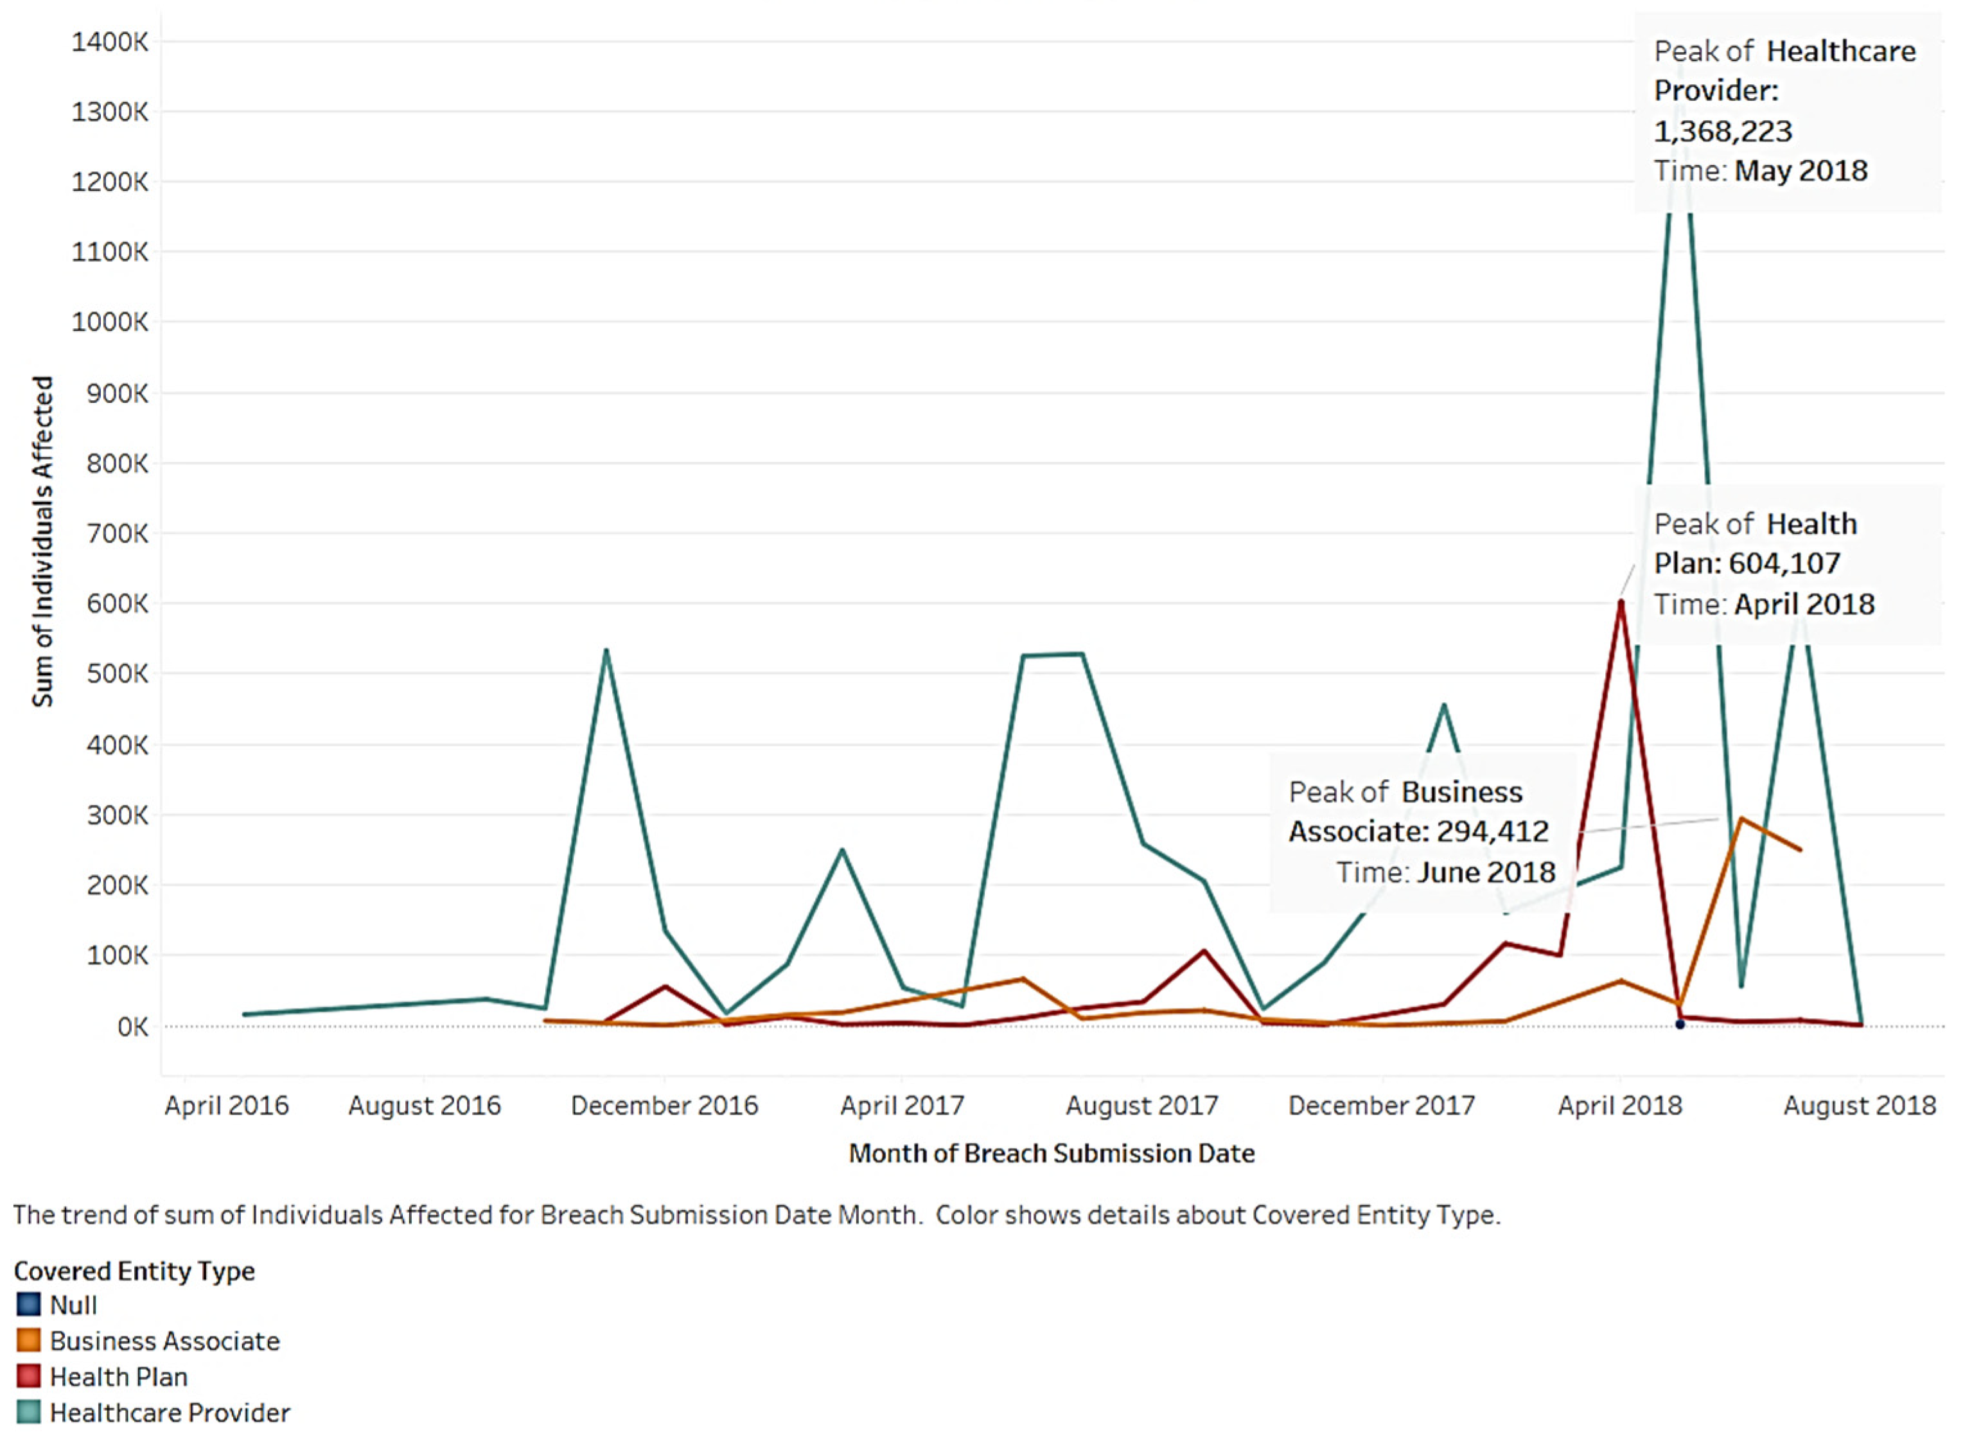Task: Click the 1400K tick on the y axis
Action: pos(110,41)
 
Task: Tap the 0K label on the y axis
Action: pos(132,1027)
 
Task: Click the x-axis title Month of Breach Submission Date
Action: pos(1051,1153)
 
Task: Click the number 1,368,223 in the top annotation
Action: pos(1722,131)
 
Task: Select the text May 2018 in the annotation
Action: pos(1800,170)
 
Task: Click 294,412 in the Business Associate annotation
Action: pos(1492,831)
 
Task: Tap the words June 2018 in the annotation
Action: pos(1485,872)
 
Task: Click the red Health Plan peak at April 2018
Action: pos(1620,602)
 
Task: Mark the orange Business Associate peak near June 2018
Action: pos(1739,819)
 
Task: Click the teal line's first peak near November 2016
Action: pos(606,651)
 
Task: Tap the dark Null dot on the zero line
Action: pos(1680,1024)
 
